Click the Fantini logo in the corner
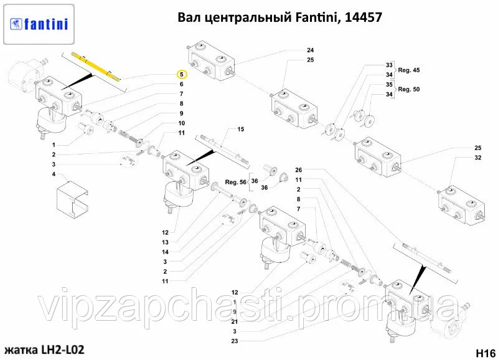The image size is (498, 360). (x=39, y=24)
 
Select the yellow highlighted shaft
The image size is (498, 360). (x=96, y=67)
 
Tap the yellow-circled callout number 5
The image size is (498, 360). (x=182, y=75)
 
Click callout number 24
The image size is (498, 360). (x=310, y=50)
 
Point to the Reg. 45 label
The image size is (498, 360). (x=409, y=70)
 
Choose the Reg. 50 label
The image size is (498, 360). (x=409, y=89)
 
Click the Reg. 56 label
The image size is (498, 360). (x=236, y=182)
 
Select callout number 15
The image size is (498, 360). (x=241, y=129)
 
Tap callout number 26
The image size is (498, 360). (x=299, y=170)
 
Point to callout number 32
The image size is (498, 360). (x=478, y=158)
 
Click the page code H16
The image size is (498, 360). (x=486, y=353)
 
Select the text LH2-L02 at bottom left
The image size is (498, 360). (x=63, y=350)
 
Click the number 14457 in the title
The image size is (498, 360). (x=363, y=17)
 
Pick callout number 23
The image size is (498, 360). (x=235, y=341)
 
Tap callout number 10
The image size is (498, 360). (x=182, y=123)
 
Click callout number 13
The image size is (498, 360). (x=165, y=242)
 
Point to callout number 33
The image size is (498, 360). (x=390, y=65)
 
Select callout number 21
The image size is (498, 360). (x=235, y=322)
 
